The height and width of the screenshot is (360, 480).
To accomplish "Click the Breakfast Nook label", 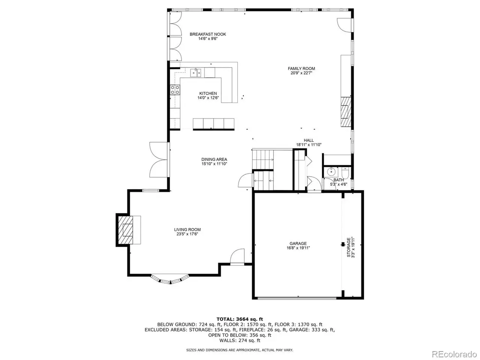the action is tap(207, 34).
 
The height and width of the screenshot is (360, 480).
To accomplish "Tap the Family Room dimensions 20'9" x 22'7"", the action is tap(301, 73).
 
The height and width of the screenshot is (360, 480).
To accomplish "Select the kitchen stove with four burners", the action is tap(175, 90).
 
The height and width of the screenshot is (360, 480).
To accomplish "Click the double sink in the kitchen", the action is tap(196, 73).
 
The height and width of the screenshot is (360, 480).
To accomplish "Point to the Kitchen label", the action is tap(208, 93).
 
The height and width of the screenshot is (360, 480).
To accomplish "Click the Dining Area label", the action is tap(214, 159).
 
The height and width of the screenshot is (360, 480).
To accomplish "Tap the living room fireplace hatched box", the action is tap(125, 230).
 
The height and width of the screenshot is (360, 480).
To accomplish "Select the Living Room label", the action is tap(187, 229).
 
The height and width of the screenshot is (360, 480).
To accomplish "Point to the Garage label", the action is tap(298, 243).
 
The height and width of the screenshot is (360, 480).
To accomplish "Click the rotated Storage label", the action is tap(349, 247).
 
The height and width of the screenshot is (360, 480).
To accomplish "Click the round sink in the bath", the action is tap(331, 172).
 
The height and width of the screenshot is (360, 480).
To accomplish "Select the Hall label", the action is tap(309, 140).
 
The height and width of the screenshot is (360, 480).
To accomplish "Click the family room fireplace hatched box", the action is tap(346, 112).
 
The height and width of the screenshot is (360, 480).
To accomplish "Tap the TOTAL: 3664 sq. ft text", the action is tap(240, 319).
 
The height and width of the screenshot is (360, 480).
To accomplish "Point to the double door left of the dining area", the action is tap(159, 160).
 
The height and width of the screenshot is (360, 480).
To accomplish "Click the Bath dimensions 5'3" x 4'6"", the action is tap(339, 184).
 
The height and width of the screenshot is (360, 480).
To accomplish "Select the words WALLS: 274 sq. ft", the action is tap(240, 340).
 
